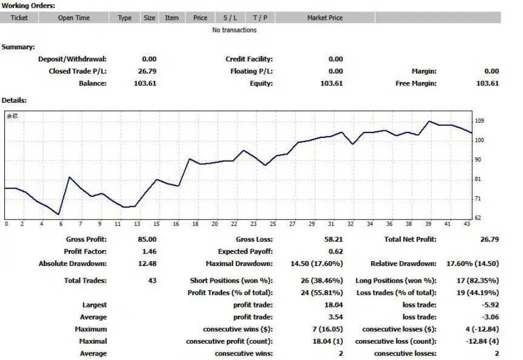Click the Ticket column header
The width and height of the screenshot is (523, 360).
(19, 18)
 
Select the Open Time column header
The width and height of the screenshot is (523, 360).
(74, 18)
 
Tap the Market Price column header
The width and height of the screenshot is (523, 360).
(325, 18)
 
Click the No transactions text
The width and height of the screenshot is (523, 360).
(234, 30)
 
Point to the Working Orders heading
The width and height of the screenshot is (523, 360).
(28, 5)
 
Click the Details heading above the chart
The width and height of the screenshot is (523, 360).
(14, 101)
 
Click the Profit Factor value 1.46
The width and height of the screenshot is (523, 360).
(148, 251)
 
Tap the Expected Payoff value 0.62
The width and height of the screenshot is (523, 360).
(336, 251)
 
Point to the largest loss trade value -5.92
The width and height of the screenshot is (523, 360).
(490, 305)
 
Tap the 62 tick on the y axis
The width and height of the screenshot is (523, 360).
(478, 218)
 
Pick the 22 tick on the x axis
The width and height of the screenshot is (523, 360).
(234, 224)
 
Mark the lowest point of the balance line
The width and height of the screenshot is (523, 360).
(58, 214)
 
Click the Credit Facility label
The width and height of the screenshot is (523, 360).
(249, 59)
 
